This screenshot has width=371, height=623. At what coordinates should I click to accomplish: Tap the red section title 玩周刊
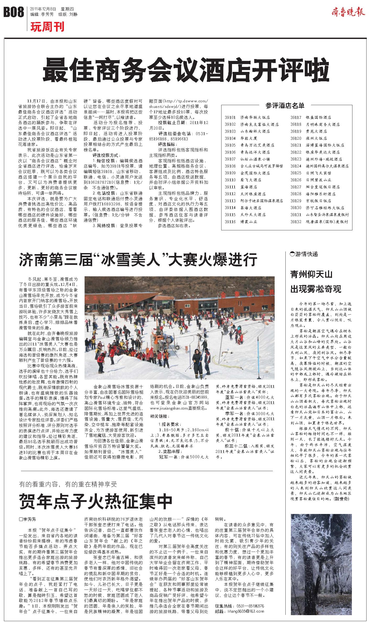pyautogui.click(x=47, y=27)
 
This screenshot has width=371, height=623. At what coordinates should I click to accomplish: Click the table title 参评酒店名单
pyautogui.click(x=285, y=106)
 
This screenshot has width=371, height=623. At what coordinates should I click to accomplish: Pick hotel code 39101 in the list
pyautogui.click(x=230, y=118)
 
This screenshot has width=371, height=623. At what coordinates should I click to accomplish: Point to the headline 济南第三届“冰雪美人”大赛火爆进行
pyautogui.click(x=138, y=260)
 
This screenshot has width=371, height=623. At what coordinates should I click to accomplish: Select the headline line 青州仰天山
pyautogui.click(x=311, y=275)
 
